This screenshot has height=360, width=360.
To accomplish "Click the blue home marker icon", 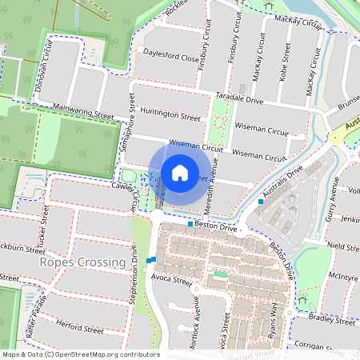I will click(180, 173).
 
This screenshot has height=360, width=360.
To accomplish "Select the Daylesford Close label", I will click(170, 58).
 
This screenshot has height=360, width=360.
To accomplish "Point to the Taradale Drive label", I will click(239, 99).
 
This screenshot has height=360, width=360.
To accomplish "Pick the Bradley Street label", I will click(331, 319).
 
